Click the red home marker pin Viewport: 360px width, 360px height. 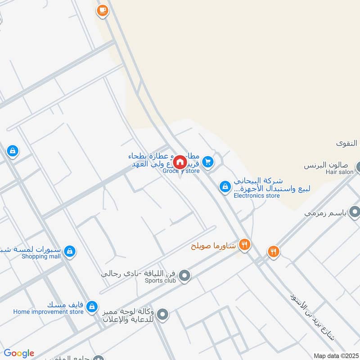180,162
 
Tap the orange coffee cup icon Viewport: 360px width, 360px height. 103,10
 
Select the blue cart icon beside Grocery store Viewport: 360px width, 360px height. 207,161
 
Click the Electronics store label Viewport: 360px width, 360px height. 256,196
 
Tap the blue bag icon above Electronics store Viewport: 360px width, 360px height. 225,186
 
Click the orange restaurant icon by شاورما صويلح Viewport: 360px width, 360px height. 244,245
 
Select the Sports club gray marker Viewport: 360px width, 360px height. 184,276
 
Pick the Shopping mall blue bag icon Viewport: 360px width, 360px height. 69,251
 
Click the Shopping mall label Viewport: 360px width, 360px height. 41,256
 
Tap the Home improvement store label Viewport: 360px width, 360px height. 48,311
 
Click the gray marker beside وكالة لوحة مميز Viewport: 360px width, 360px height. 163,315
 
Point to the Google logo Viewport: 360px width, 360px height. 18,353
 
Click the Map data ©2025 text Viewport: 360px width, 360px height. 336,356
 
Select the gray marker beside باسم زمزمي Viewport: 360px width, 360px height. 355,211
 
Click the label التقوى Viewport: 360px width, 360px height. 346,144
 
